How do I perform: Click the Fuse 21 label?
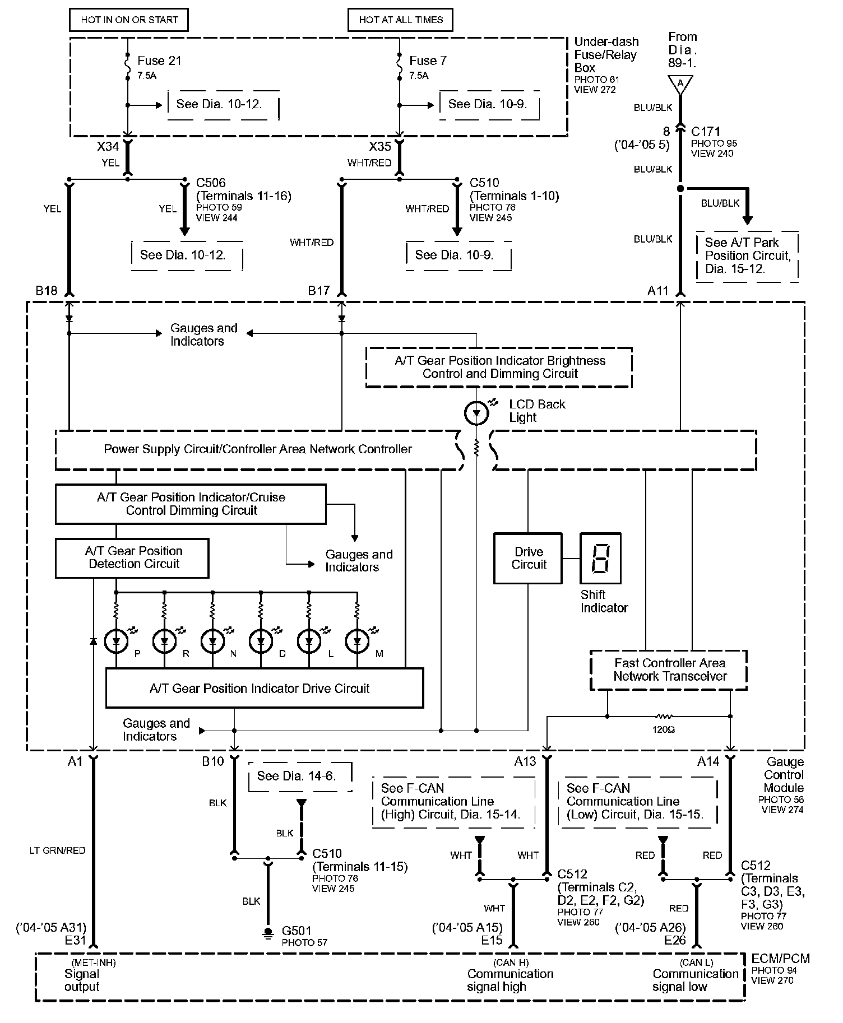click(x=159, y=61)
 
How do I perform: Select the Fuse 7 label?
click(x=428, y=61)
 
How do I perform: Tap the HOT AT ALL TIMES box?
click(x=400, y=20)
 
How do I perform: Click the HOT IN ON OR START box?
click(x=128, y=20)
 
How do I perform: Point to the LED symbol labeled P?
click(x=117, y=641)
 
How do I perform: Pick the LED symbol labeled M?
click(x=357, y=641)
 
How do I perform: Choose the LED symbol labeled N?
click(x=212, y=641)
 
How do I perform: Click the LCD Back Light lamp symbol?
click(x=476, y=413)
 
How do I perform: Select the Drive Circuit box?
click(x=529, y=558)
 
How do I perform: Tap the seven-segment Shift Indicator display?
click(x=600, y=558)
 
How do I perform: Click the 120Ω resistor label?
click(x=663, y=730)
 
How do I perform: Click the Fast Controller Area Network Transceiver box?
click(x=669, y=669)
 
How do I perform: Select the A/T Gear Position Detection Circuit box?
click(x=132, y=558)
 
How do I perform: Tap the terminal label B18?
click(x=47, y=291)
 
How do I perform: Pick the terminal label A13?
click(x=525, y=761)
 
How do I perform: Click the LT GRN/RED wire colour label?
click(x=57, y=850)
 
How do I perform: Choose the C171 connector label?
click(x=705, y=132)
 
